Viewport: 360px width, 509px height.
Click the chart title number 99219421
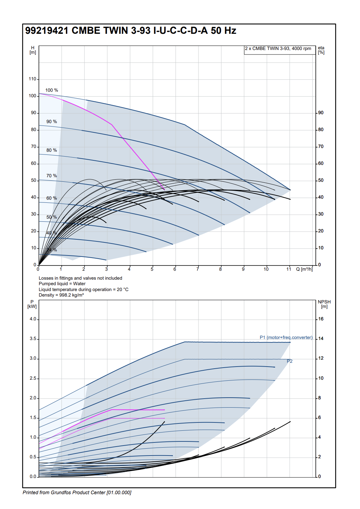(47, 31)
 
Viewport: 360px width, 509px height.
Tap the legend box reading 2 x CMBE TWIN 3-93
(278, 49)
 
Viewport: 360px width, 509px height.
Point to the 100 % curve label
(52, 90)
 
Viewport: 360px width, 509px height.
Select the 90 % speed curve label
(52, 122)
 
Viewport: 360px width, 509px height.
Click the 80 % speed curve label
(52, 150)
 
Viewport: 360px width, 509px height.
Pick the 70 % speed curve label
(52, 176)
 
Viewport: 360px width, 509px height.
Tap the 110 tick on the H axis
(32, 79)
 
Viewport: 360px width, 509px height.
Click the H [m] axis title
(33, 50)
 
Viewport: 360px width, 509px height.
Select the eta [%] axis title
(321, 50)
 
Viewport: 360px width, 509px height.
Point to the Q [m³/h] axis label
(304, 269)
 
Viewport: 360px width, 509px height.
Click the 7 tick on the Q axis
(198, 269)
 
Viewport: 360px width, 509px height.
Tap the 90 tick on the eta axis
(321, 113)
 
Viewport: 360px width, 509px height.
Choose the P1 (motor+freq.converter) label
(286, 338)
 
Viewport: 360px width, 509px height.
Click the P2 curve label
(290, 361)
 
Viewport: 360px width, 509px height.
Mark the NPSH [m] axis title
(324, 304)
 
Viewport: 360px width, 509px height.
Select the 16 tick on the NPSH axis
(321, 319)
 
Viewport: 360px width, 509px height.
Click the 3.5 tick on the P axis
(33, 339)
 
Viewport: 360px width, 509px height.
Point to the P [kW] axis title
(32, 304)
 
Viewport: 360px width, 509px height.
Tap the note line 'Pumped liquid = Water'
(62, 284)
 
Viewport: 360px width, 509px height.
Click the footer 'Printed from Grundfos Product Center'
(77, 492)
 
